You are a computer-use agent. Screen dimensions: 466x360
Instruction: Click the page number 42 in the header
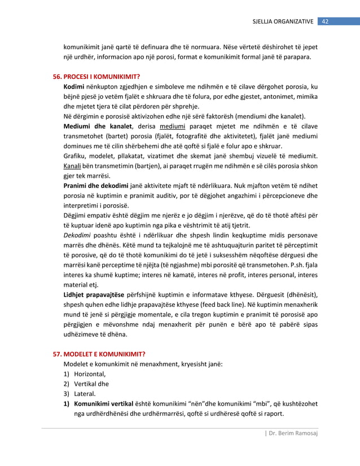[x=325, y=21]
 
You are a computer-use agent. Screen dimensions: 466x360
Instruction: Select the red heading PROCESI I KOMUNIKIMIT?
[x=101, y=76]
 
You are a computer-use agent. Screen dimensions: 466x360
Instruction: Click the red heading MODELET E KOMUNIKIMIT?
[x=104, y=354]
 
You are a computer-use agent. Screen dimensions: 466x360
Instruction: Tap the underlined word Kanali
[x=73, y=166]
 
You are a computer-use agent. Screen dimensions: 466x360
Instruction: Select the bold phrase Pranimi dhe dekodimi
[x=96, y=186]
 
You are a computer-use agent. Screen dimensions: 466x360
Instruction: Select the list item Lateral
[x=85, y=394]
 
